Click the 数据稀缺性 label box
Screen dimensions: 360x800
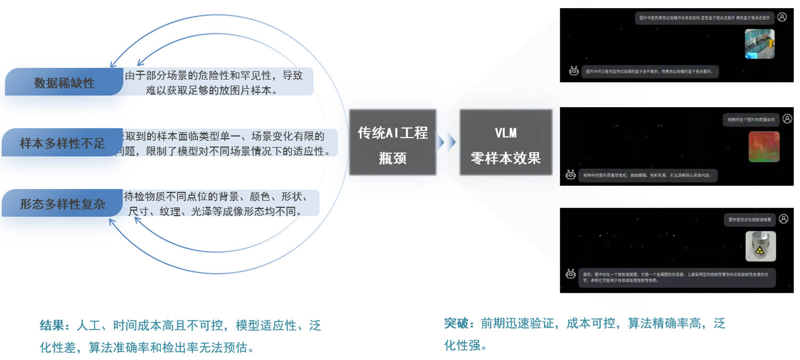64,83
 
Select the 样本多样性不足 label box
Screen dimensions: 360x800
62,143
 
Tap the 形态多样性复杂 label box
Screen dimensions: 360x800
62,204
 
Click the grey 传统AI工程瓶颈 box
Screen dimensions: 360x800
392,142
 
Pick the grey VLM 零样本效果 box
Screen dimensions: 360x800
505,142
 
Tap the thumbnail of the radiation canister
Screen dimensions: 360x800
760,246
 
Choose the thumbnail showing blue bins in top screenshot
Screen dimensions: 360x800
759,44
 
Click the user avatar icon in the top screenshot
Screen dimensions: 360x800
782,17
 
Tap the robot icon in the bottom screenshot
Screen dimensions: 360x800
570,274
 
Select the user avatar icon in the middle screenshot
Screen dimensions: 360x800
787,119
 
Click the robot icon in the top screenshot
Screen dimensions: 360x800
574,71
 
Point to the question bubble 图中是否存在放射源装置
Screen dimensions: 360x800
749,220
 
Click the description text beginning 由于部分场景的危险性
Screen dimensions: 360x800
214,83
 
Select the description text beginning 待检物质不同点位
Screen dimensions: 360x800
216,204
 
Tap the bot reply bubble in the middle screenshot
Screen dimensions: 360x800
647,175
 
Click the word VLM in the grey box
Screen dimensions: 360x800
505,133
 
